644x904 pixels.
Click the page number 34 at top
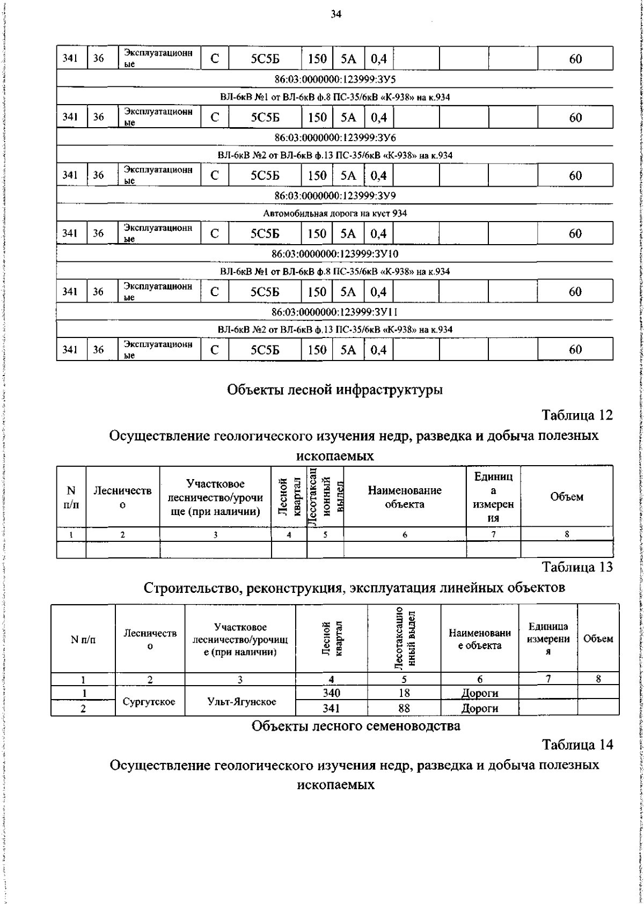(336, 14)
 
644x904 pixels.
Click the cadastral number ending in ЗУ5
(335, 79)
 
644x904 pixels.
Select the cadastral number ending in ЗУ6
(335, 137)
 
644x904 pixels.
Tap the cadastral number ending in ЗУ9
(335, 195)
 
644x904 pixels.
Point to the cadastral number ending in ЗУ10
(335, 254)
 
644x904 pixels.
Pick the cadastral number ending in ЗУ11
(335, 312)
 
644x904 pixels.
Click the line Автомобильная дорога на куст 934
(335, 214)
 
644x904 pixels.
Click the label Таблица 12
(577, 415)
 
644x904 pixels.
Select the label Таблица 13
(577, 567)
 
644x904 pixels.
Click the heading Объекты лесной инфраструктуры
(335, 390)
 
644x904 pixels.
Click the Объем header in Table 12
(567, 497)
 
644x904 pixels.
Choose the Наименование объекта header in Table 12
(405, 497)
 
